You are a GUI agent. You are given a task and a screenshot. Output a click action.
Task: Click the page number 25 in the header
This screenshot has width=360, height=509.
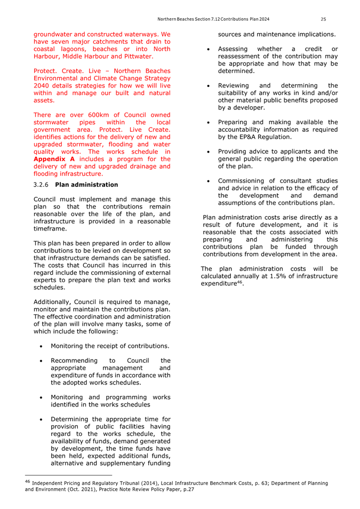(323, 19)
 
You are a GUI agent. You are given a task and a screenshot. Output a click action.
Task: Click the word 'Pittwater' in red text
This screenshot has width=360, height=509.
(135, 55)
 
